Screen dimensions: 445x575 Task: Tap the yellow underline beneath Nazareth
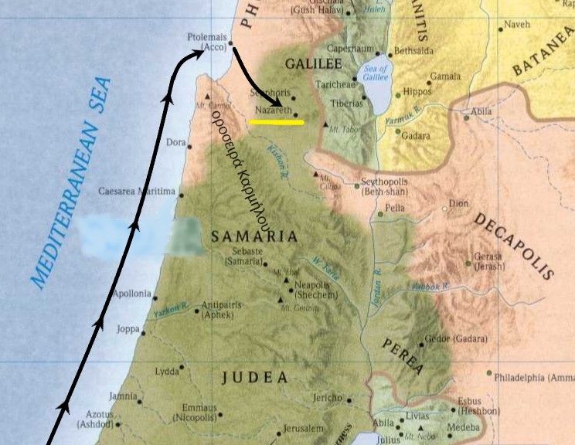coord(276,121)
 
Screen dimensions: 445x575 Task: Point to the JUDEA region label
coord(254,378)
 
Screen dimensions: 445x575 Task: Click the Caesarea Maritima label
coord(137,191)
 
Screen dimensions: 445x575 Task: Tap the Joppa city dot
coord(143,333)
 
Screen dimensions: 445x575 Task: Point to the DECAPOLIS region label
coord(514,246)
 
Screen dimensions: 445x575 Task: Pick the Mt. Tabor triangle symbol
coord(326,124)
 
